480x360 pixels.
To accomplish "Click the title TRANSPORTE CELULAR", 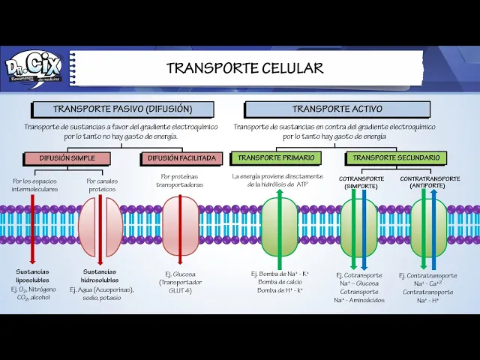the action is (x=244, y=68).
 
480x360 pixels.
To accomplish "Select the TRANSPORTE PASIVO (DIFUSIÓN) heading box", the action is (x=122, y=109).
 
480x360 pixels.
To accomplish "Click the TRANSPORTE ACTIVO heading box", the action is (x=337, y=109).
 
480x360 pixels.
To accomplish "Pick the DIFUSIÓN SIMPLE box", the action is (x=67, y=158).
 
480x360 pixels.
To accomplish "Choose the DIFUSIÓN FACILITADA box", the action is (x=181, y=158).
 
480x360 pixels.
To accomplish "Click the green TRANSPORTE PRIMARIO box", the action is (x=276, y=158).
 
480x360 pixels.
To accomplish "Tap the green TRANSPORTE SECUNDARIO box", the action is (x=396, y=158).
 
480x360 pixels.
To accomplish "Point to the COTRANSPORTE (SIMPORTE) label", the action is (x=361, y=182).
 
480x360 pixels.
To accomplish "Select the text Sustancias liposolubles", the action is (x=33, y=275).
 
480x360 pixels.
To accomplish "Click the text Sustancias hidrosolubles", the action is (x=100, y=275).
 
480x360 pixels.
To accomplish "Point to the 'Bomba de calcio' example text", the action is (x=278, y=282).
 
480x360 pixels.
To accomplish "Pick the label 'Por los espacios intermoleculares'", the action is (x=34, y=185).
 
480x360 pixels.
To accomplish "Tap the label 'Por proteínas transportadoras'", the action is (x=180, y=180).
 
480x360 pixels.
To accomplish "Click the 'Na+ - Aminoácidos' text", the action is (x=359, y=300).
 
